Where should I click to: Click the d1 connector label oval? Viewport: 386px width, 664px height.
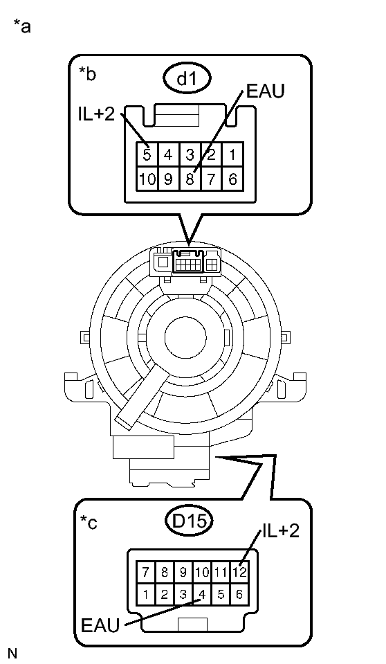click(x=183, y=80)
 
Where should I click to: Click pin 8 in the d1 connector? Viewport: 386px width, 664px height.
click(x=190, y=178)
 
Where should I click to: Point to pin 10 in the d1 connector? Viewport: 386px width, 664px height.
click(x=147, y=178)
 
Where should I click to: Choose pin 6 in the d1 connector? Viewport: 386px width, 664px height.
click(x=233, y=178)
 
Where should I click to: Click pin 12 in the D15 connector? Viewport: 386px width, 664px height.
click(x=240, y=573)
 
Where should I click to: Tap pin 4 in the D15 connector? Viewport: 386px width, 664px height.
click(x=201, y=593)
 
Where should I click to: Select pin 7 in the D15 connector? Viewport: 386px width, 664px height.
click(x=145, y=573)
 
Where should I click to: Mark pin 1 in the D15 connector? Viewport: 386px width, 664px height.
click(x=145, y=593)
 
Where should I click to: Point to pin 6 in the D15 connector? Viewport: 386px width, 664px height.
click(x=239, y=593)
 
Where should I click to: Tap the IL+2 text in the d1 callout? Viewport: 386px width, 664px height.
click(x=96, y=114)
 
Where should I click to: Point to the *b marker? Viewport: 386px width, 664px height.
click(x=87, y=74)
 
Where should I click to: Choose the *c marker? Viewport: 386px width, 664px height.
click(x=88, y=523)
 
